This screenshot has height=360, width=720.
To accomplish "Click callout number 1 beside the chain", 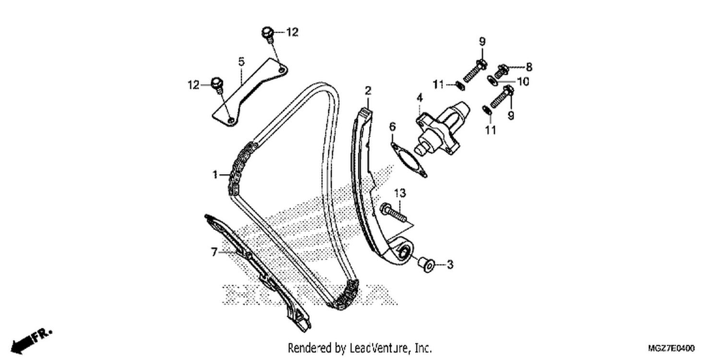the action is click(x=215, y=175).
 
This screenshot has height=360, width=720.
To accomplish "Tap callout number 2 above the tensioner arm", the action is click(x=368, y=91).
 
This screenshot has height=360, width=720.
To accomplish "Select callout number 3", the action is click(x=450, y=264).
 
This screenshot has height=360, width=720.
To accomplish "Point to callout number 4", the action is click(x=420, y=98).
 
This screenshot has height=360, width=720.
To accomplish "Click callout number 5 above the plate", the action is click(x=241, y=61).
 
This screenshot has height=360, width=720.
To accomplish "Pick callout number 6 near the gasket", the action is click(x=393, y=127).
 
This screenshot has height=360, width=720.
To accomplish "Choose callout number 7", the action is click(x=215, y=252).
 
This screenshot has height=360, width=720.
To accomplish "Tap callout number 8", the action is click(x=529, y=67).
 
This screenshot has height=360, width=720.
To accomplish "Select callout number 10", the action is click(x=523, y=82).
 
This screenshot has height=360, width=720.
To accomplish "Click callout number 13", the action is click(x=400, y=193).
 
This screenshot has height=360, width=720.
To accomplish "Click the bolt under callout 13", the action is click(x=393, y=213).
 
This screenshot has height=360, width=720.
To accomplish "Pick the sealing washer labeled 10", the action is click(x=492, y=80).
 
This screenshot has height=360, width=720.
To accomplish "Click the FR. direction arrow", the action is click(x=31, y=341).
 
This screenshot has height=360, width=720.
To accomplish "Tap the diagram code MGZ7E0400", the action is click(x=671, y=348).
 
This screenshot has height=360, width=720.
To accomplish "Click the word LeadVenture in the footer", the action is click(x=380, y=348).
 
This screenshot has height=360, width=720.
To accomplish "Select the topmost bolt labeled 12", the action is click(x=268, y=34).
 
